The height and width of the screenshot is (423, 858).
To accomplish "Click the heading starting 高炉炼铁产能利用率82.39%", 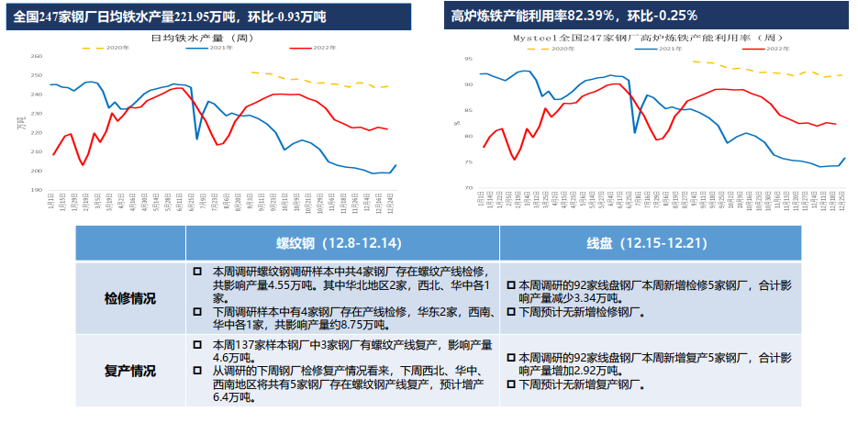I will [574, 17].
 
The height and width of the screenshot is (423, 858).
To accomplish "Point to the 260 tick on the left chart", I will [37, 56].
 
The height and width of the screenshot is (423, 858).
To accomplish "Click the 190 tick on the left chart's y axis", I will [37, 190].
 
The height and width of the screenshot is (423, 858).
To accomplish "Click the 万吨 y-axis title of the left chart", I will [23, 123].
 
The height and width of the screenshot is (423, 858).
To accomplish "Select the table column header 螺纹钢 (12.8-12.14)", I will [341, 244].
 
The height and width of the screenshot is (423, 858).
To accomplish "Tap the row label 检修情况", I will [129, 298].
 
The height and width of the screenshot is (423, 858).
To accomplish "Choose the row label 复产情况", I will [129, 371].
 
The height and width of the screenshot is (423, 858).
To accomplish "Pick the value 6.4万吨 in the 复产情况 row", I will [230, 398].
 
